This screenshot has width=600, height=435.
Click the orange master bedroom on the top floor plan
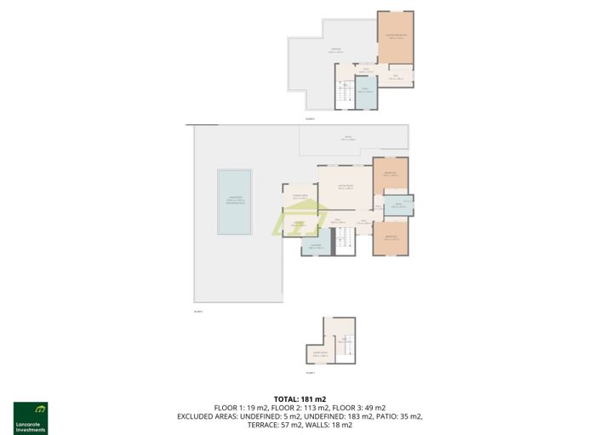tap(396, 37)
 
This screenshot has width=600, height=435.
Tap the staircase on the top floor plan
tap(344, 94)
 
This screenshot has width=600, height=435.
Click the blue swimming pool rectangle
tap(236, 201)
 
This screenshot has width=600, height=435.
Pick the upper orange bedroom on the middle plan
tap(391, 175)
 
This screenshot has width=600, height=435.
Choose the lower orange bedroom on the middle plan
tap(391, 238)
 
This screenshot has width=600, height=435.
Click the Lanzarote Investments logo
tap(31, 417)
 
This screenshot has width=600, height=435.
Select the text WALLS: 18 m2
tap(329, 424)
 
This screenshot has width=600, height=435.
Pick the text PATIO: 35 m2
tap(399, 416)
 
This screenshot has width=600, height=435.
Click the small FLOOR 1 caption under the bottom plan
tap(310, 373)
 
